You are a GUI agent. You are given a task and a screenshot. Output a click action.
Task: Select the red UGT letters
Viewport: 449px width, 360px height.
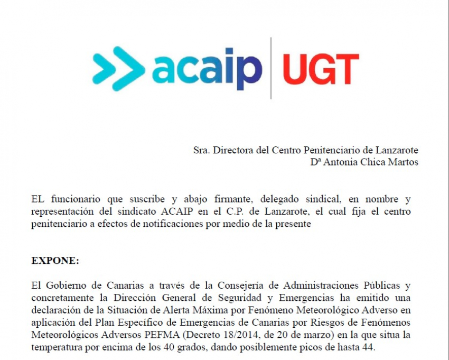click(x=320, y=69)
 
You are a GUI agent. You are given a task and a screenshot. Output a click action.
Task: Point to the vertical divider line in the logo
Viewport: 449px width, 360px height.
click(x=271, y=68)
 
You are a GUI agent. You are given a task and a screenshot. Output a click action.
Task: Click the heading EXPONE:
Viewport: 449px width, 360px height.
click(x=55, y=261)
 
